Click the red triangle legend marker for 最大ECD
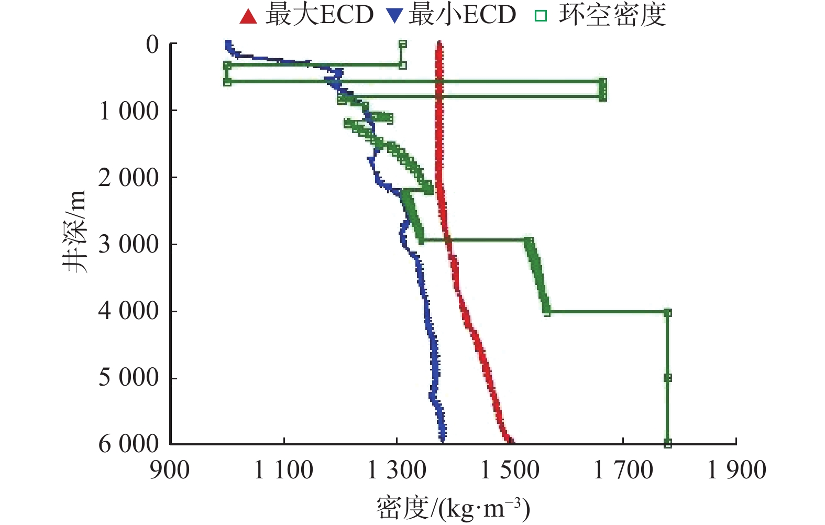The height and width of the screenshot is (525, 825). (x=248, y=16)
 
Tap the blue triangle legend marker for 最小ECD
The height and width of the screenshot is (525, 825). (x=393, y=16)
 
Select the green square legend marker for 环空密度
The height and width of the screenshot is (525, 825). (x=540, y=16)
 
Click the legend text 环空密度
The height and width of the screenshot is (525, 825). (x=612, y=15)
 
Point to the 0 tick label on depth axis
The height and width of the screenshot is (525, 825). (x=152, y=45)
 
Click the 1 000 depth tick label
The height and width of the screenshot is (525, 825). (x=129, y=111)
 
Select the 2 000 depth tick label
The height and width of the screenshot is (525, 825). (x=129, y=178)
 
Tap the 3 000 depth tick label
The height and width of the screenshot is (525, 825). (x=129, y=244)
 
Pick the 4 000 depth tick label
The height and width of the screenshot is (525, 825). (x=129, y=311)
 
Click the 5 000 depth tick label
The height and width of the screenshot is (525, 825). (x=129, y=377)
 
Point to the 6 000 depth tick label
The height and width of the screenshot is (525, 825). (x=129, y=444)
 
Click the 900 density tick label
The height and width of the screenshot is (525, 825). (x=170, y=470)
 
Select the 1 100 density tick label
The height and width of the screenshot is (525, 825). (x=283, y=470)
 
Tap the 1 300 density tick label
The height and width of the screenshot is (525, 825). (x=397, y=470)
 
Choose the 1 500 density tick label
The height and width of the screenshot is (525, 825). (x=510, y=470)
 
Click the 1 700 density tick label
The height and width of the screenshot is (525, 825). (x=623, y=470)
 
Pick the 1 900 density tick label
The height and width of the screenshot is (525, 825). (x=736, y=470)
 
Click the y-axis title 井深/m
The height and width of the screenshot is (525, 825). (x=74, y=231)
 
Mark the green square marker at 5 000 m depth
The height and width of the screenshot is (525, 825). (x=667, y=378)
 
